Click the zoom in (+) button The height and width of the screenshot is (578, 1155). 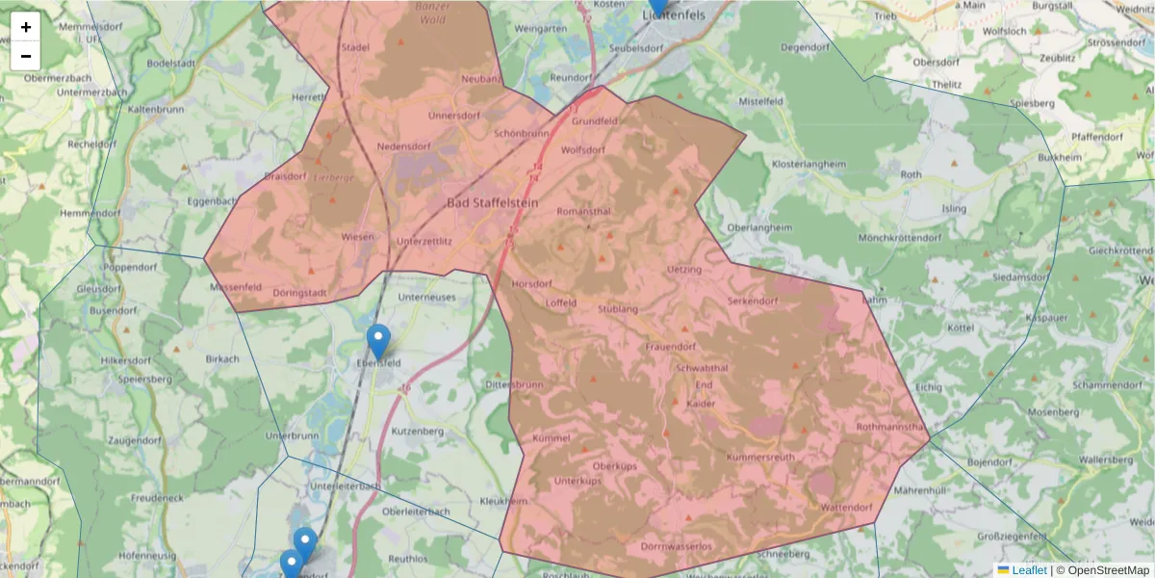(26, 27)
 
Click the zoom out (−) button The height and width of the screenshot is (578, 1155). (26, 56)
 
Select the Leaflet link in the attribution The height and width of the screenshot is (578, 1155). (1029, 570)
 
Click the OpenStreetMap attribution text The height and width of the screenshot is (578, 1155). (1109, 570)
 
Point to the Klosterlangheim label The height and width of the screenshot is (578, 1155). (808, 165)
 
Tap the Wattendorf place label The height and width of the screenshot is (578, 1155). (846, 507)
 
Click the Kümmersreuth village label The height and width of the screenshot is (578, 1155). (760, 457)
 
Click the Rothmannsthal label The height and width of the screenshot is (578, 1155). (889, 427)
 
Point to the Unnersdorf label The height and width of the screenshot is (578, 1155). (454, 116)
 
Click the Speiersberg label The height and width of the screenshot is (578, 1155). (142, 379)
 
